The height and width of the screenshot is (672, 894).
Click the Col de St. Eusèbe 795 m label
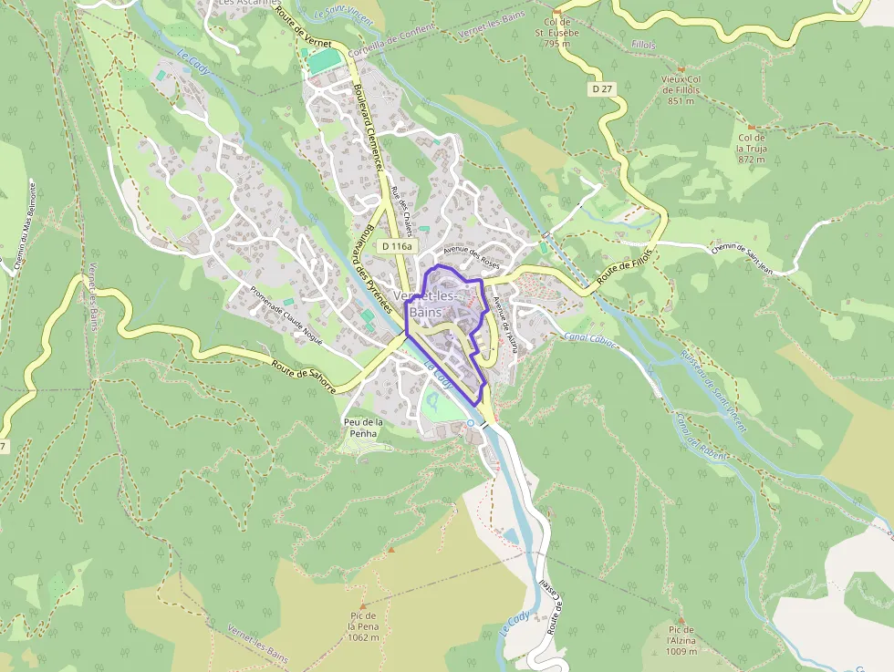click(x=556, y=33)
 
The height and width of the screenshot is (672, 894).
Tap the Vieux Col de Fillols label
click(x=681, y=90)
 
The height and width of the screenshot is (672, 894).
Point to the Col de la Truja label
click(x=751, y=148)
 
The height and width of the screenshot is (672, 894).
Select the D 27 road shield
click(x=599, y=88)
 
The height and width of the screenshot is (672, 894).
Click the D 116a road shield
click(x=397, y=246)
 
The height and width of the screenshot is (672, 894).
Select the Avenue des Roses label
click(x=472, y=258)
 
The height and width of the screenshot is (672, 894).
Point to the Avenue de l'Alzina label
click(x=504, y=325)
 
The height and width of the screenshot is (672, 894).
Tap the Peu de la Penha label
click(x=363, y=428)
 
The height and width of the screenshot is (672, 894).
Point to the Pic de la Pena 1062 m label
click(x=363, y=626)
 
